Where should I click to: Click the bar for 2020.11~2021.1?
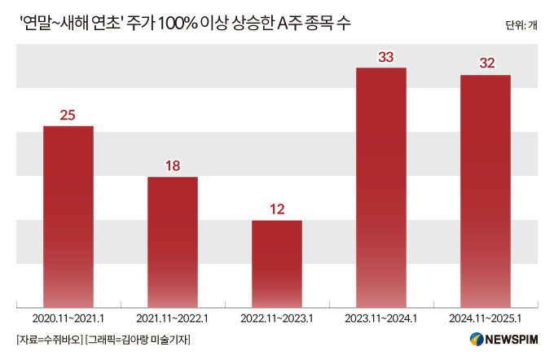tap(68, 216)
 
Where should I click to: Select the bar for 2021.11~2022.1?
tap(173, 241)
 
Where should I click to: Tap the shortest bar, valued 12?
tap(277, 263)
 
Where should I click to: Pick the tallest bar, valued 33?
tap(381, 187)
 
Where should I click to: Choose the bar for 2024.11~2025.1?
tap(486, 191)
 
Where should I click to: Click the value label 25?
tap(68, 115)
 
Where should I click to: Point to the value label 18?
tap(173, 166)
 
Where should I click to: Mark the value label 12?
tap(277, 209)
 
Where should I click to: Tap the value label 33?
tap(381, 57)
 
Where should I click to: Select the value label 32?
tap(486, 64)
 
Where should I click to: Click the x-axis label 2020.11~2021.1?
tap(68, 318)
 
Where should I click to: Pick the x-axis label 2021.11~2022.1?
tap(173, 318)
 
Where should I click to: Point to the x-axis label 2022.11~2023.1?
tap(277, 318)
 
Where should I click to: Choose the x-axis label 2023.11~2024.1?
tap(381, 318)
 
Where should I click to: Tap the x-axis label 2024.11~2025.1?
tap(486, 318)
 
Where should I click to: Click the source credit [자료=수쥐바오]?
tap(49, 339)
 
